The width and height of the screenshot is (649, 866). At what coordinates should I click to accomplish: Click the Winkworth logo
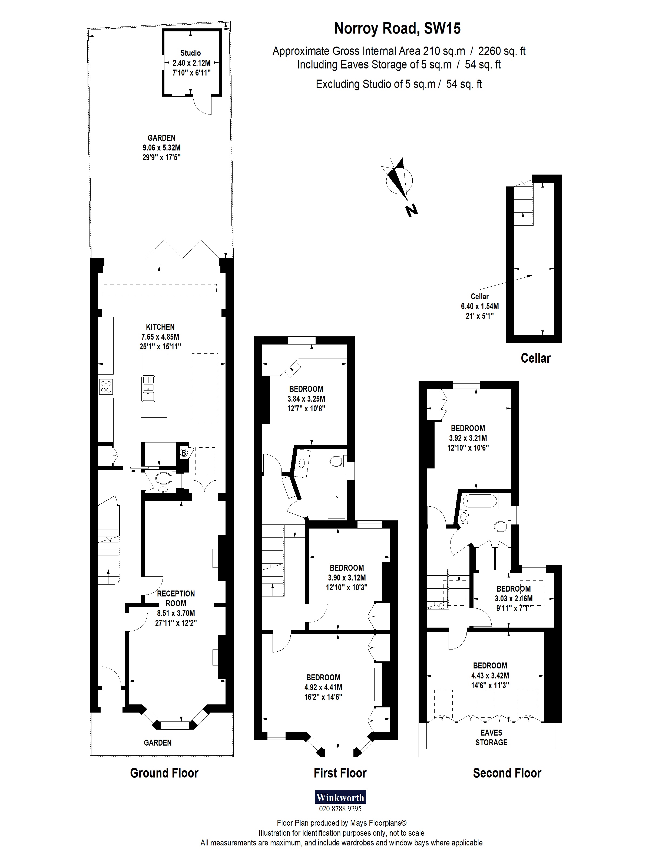pyautogui.click(x=340, y=797)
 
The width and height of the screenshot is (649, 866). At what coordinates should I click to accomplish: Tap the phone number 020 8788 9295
pyautogui.click(x=340, y=808)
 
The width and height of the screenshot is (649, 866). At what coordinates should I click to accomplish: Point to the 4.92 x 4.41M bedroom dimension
pyautogui.click(x=323, y=687)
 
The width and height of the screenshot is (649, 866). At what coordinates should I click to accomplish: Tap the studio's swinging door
pyautogui.click(x=204, y=105)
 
